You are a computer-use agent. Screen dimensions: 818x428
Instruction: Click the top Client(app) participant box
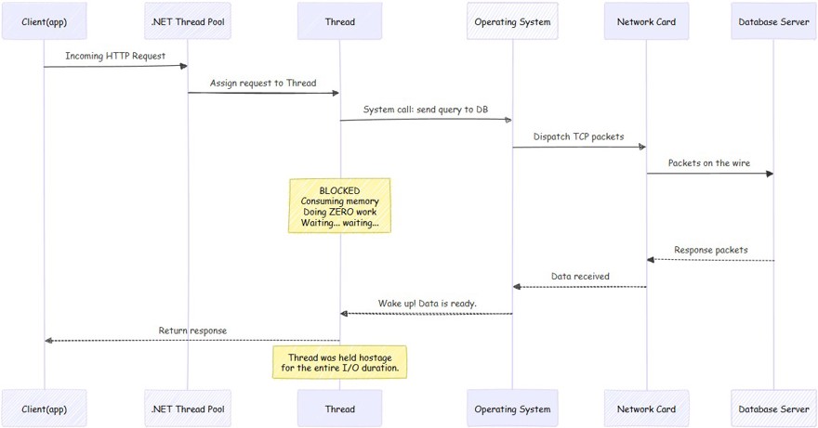(x=45, y=21)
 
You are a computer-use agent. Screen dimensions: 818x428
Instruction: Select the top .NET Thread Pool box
(x=188, y=21)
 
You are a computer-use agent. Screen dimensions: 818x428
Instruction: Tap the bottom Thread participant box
(x=339, y=409)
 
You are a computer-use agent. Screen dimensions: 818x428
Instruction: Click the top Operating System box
(x=512, y=21)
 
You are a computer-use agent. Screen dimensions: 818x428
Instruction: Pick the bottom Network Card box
(x=646, y=409)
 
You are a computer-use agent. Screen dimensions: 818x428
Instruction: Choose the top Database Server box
(x=773, y=21)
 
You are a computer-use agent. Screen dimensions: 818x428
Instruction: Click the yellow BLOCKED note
(x=339, y=206)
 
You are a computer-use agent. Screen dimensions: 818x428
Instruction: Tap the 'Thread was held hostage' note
(x=339, y=362)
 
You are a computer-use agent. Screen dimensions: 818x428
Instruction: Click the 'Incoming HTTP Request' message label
(x=115, y=56)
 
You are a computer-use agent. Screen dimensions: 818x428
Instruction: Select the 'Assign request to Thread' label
(x=263, y=83)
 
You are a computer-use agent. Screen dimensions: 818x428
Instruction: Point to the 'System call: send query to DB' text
(x=426, y=110)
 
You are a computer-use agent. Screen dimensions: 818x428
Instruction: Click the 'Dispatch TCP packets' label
(x=578, y=136)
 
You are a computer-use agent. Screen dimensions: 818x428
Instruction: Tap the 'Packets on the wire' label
(x=709, y=163)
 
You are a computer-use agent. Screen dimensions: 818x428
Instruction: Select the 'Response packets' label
(x=710, y=251)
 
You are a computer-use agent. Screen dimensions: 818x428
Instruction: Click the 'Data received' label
(x=580, y=277)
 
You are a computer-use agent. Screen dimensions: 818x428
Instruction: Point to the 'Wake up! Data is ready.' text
(x=428, y=304)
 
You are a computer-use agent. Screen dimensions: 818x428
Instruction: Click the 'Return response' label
(x=192, y=331)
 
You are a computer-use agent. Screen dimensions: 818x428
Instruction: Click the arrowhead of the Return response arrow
(x=48, y=341)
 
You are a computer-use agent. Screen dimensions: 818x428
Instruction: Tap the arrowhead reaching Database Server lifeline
(x=770, y=174)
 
